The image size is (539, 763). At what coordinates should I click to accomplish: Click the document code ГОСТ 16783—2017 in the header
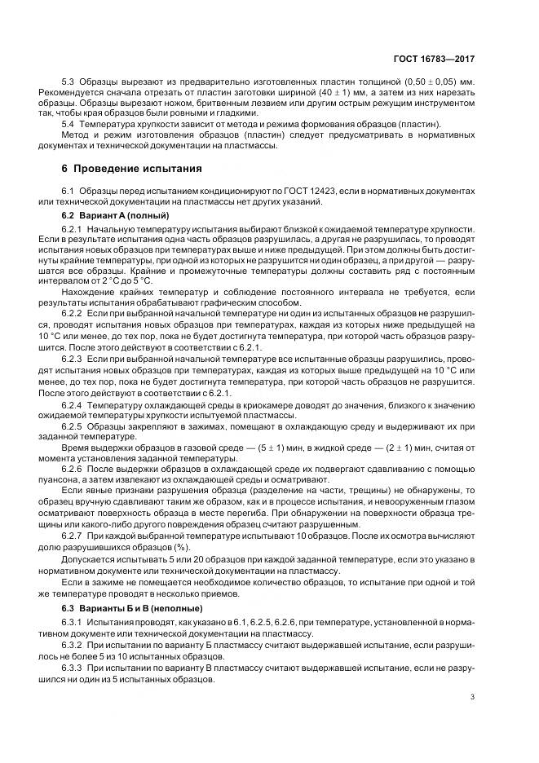pyautogui.click(x=434, y=59)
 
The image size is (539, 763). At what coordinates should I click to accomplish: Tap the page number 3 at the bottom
pyautogui.click(x=473, y=696)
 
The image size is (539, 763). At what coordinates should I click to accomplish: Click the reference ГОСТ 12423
pyautogui.click(x=311, y=191)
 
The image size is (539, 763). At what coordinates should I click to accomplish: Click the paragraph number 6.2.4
pyautogui.click(x=73, y=404)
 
